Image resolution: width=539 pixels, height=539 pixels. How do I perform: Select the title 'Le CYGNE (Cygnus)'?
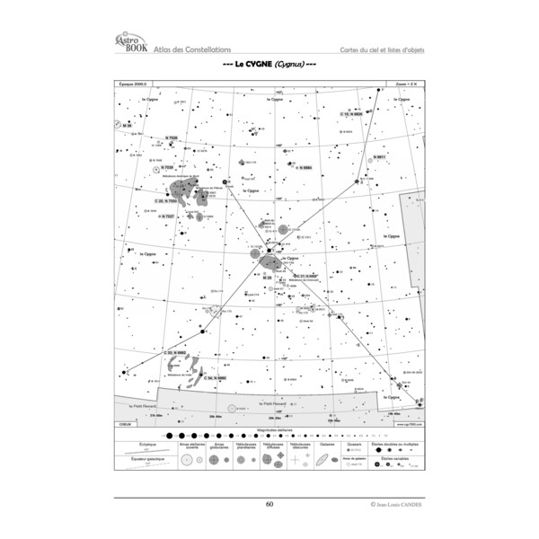click(x=269, y=66)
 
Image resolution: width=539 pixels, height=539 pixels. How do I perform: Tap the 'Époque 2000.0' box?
click(x=132, y=83)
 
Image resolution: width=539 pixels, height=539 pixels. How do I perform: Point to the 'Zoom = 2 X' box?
click(x=407, y=83)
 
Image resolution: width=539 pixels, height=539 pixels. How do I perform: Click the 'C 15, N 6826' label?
click(x=351, y=114)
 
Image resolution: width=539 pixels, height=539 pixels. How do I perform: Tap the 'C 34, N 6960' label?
click(x=215, y=378)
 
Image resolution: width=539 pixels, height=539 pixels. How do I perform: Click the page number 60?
click(x=269, y=504)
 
